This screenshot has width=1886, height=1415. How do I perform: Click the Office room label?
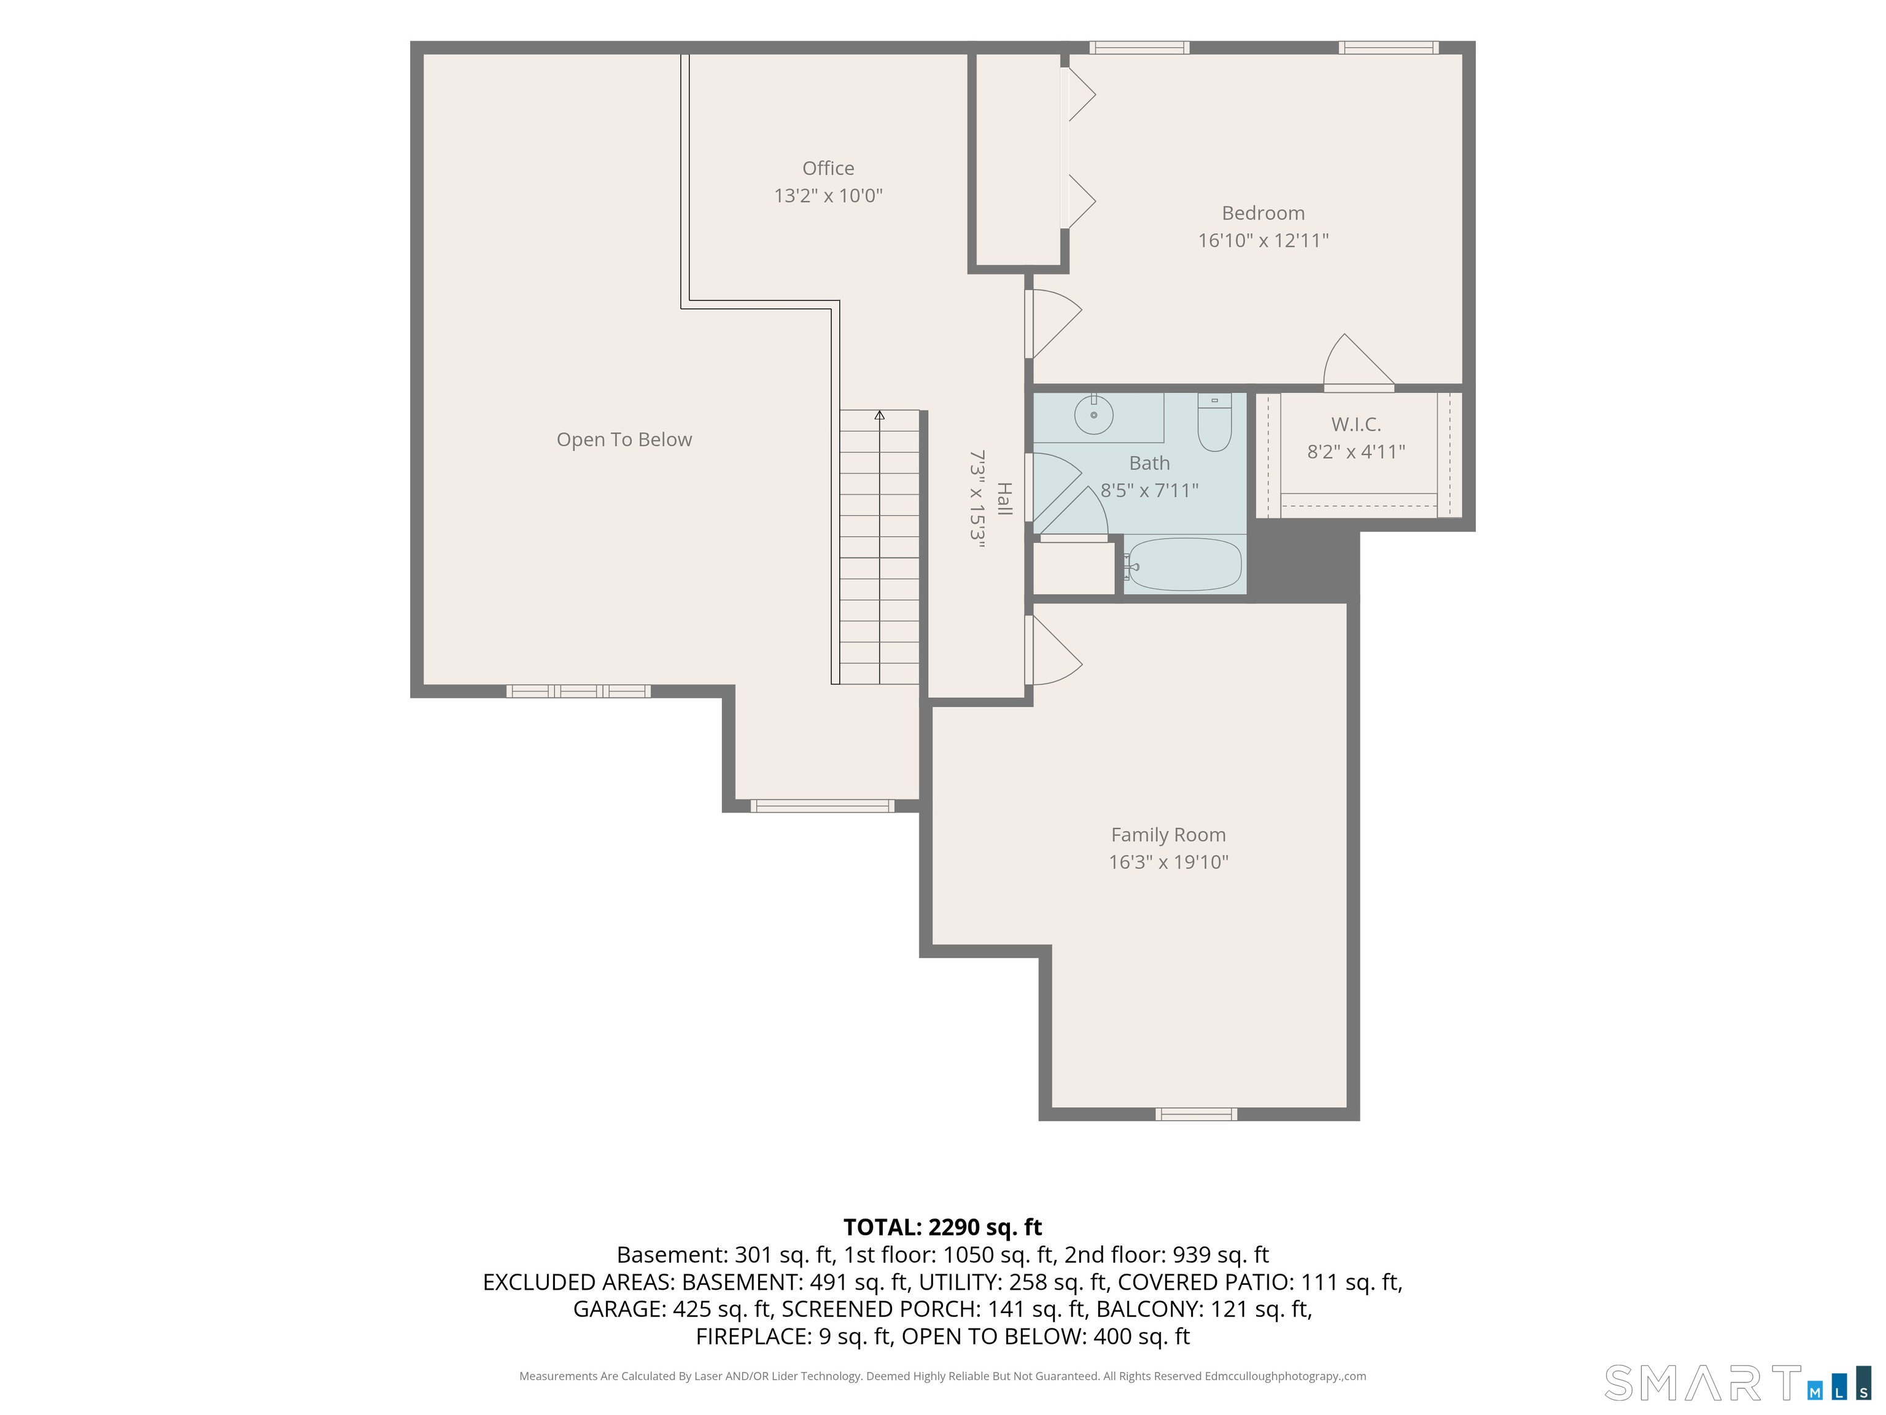(828, 168)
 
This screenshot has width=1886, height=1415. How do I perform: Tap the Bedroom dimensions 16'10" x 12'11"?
(1263, 241)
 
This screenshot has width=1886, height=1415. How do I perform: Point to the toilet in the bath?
(1214, 422)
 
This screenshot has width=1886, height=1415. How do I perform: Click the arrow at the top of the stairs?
(879, 415)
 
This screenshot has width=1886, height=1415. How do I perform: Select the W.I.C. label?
(1356, 424)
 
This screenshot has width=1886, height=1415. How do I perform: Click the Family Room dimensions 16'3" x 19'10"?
(1168, 862)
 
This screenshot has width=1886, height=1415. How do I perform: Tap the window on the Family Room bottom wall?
(1196, 1114)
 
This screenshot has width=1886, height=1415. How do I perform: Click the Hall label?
(1004, 499)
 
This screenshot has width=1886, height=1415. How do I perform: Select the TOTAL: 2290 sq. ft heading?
(943, 1226)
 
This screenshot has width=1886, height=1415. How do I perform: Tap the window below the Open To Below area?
(578, 691)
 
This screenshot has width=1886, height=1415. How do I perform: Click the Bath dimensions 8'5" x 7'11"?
(1149, 491)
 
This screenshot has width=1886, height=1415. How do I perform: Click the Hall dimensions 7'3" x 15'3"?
(977, 499)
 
